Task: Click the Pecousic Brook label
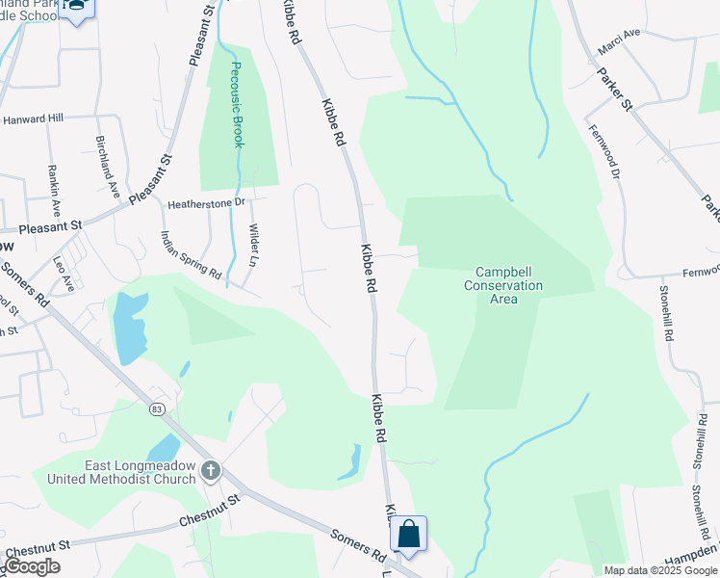point(237,106)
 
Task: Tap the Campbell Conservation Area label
point(503,286)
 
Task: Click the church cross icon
point(211,472)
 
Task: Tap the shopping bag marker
point(408,534)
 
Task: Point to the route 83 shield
point(156,408)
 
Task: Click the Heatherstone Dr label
point(207,204)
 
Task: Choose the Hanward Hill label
point(32,118)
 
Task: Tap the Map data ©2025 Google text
point(660,570)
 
